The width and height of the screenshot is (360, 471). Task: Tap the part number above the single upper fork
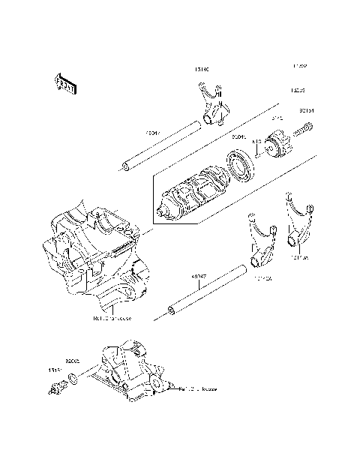[x=201, y=70]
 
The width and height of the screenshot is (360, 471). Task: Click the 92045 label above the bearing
[x=239, y=138]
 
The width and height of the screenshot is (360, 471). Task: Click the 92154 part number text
[x=306, y=111]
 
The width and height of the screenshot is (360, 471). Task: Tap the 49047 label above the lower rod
[x=199, y=275]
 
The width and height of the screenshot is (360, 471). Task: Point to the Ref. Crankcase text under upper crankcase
[x=112, y=318]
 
